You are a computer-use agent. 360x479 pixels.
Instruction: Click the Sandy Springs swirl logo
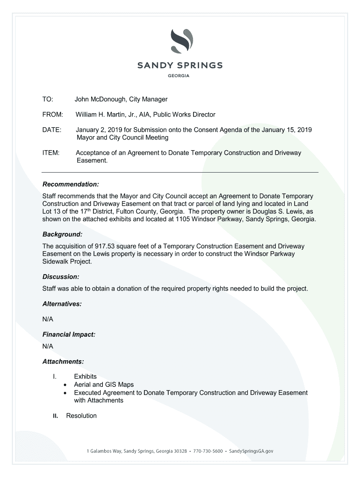tap(180, 41)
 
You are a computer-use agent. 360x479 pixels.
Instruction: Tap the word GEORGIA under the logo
tap(180, 77)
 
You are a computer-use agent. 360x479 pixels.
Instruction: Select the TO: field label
tap(48, 100)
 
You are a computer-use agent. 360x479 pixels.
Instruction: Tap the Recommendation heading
tap(71, 184)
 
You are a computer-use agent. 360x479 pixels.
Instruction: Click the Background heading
tap(62, 234)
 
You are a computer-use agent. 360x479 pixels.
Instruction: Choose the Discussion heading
tap(61, 276)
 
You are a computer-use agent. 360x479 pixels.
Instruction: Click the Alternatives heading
tap(62, 304)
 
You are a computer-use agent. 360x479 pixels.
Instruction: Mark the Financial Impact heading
tap(69, 334)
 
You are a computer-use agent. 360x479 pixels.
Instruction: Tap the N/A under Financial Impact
tap(48, 346)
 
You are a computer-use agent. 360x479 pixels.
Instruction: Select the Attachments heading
tap(63, 362)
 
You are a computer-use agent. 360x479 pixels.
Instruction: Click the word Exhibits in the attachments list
tap(85, 377)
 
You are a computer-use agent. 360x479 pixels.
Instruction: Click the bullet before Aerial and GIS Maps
tap(65, 385)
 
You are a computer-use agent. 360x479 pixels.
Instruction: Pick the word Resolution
tap(81, 416)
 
